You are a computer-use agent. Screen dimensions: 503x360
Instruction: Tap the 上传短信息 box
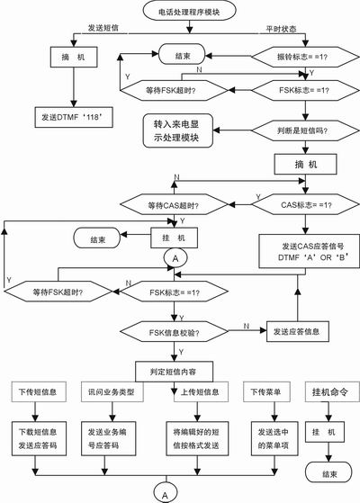tap(191, 392)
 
